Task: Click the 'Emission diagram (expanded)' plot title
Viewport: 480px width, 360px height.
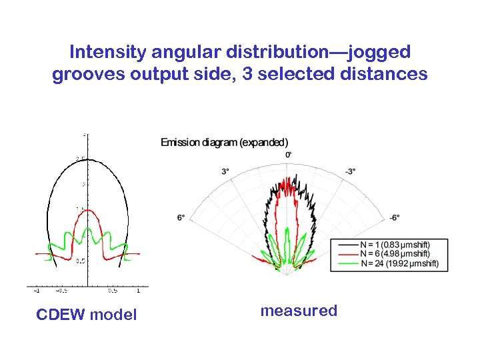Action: pyautogui.click(x=225, y=142)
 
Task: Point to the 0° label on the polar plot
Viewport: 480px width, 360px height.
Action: pyautogui.click(x=288, y=155)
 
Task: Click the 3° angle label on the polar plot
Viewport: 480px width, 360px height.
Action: pyautogui.click(x=225, y=171)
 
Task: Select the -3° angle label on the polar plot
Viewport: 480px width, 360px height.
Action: pyautogui.click(x=351, y=171)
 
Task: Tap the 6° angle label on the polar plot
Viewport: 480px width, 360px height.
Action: pyautogui.click(x=181, y=217)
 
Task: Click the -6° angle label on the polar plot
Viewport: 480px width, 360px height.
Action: pyautogui.click(x=395, y=217)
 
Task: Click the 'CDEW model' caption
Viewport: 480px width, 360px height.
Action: pyautogui.click(x=86, y=314)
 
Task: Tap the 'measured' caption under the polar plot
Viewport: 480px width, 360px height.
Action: pyautogui.click(x=299, y=311)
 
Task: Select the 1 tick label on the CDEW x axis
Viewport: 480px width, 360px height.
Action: pyautogui.click(x=138, y=290)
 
